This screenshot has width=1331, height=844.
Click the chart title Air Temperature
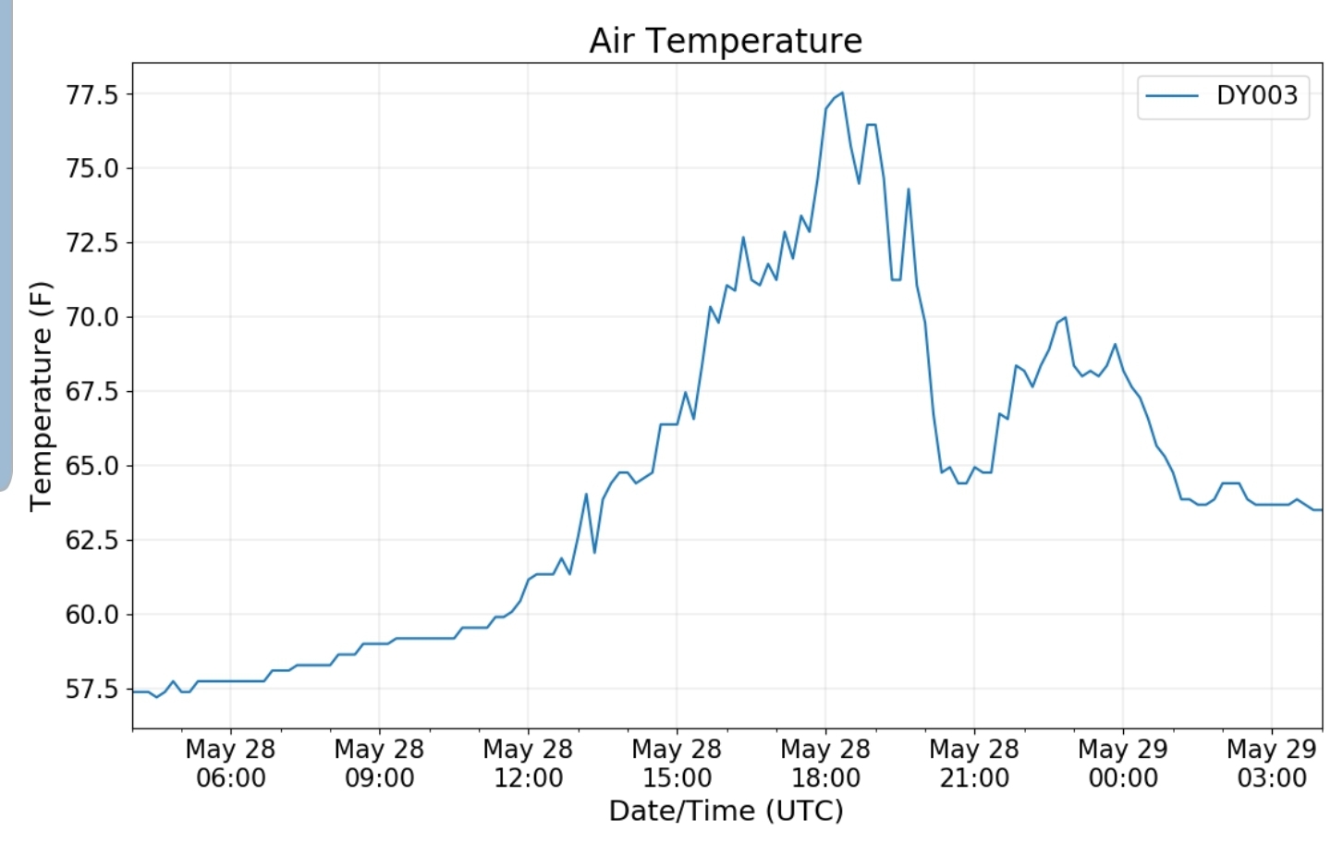click(x=726, y=41)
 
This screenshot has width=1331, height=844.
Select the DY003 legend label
click(x=1256, y=95)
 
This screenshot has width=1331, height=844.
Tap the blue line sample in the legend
click(x=1172, y=95)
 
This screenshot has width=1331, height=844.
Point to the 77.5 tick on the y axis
click(x=92, y=94)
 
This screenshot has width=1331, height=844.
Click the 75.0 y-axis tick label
click(x=92, y=168)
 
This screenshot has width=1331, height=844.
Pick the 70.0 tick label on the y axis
click(x=92, y=317)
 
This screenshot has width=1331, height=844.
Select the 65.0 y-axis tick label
click(x=92, y=466)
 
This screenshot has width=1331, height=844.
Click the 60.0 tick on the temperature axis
click(x=92, y=614)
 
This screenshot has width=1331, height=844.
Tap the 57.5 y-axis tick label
click(x=92, y=689)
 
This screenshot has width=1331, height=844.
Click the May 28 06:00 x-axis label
click(x=230, y=763)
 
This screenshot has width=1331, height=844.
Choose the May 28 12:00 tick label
click(x=528, y=763)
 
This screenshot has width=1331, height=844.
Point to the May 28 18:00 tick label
click(x=825, y=763)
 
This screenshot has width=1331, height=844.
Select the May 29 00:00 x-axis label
click(x=1123, y=763)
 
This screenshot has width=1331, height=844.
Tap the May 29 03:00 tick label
click(x=1272, y=763)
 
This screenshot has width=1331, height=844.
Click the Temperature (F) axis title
click(x=41, y=396)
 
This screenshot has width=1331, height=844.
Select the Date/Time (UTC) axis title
click(x=726, y=811)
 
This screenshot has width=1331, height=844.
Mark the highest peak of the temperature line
click(x=841, y=92)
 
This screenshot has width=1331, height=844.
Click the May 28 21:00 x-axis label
click(x=974, y=763)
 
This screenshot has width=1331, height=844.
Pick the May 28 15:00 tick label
click(x=677, y=763)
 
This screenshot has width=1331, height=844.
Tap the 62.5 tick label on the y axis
click(x=92, y=540)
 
